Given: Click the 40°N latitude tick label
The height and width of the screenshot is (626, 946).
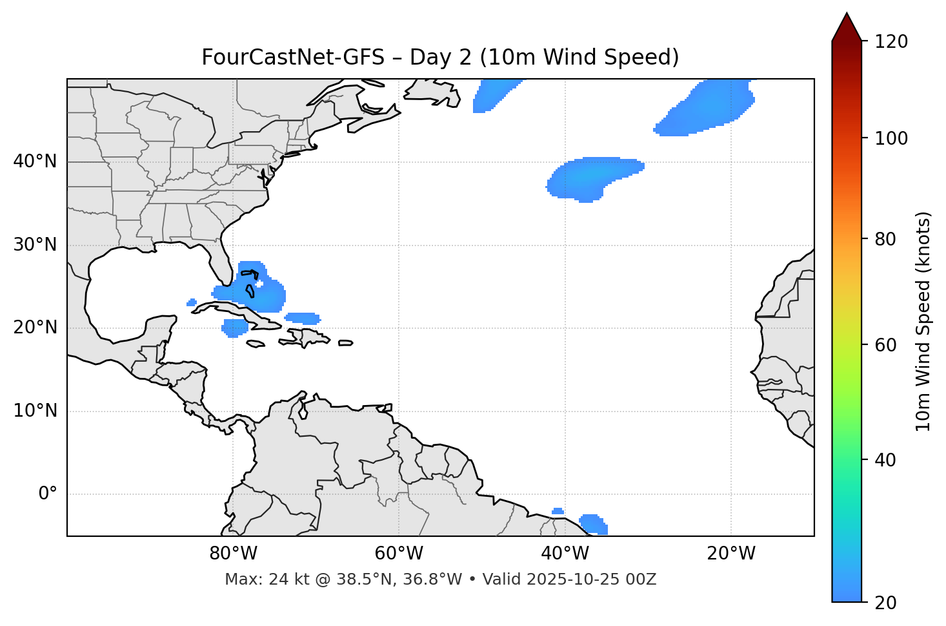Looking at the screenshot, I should point(35,162).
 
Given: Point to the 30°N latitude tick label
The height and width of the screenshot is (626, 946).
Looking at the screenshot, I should point(35,245).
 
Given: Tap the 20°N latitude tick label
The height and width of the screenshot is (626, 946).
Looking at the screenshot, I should point(35,328).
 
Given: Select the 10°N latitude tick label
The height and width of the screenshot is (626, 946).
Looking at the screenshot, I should point(35,411).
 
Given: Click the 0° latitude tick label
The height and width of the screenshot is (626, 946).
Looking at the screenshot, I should point(48,494).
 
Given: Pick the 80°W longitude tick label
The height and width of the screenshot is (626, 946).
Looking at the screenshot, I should point(233,554).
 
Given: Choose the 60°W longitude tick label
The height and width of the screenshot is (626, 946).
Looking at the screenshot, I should point(399,554).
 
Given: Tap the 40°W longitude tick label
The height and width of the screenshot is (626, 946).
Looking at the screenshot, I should point(565,554).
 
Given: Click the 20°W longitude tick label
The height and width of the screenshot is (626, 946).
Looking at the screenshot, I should point(730,554).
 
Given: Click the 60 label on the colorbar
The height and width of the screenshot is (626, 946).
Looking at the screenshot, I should point(886,345).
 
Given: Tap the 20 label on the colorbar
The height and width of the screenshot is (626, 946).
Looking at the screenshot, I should point(886,603).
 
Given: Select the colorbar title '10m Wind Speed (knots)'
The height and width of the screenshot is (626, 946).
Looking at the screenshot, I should point(923,321).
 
